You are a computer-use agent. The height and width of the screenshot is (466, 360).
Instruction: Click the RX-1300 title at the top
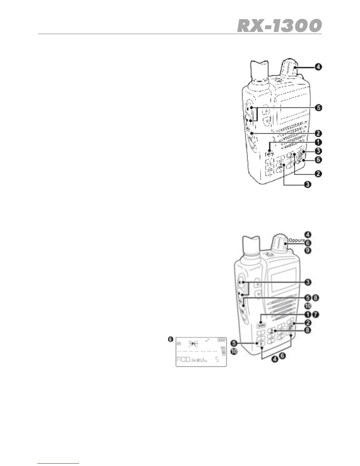(279, 26)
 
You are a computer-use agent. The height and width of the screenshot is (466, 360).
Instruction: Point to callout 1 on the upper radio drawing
(318, 142)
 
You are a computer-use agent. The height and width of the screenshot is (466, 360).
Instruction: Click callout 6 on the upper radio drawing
(318, 160)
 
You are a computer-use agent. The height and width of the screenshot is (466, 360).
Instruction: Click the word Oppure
(297, 240)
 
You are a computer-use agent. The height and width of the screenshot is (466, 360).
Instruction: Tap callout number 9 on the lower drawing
(308, 250)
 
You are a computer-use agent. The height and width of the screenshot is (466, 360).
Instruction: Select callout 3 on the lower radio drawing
(308, 282)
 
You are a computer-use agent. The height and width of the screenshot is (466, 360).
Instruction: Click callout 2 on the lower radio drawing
(308, 323)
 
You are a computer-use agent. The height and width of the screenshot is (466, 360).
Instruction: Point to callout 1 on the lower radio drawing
(308, 315)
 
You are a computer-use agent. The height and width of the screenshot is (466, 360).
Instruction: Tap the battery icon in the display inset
(221, 340)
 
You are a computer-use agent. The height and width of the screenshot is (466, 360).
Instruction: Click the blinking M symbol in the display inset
(193, 344)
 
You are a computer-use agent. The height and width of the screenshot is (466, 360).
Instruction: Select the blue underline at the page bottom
(59, 463)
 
